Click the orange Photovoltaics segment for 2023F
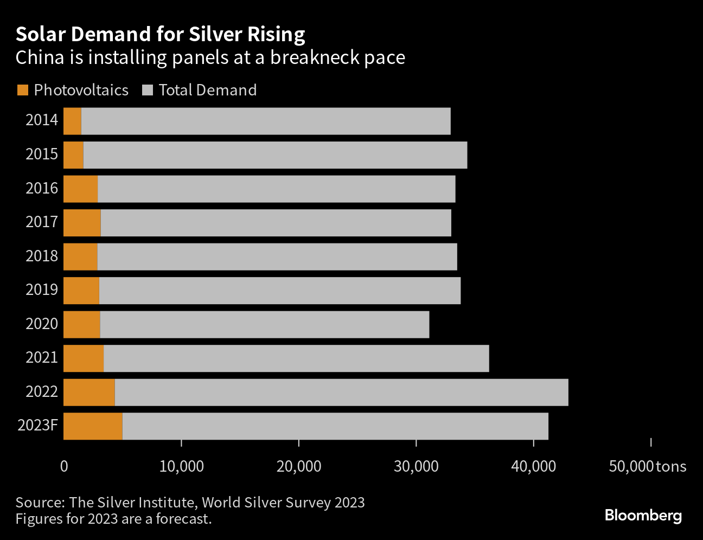93,426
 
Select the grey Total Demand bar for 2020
265,324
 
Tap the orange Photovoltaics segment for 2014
72,121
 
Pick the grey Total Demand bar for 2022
341,392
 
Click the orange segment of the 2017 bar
82,222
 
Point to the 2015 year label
42,154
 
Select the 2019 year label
42,290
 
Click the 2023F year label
38,425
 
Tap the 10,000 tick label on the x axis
182,466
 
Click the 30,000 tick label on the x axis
416,466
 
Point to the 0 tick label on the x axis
64,466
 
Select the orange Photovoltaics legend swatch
23,90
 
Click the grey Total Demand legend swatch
148,90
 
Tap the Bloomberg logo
643,516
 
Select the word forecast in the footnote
184,519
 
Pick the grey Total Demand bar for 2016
277,189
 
